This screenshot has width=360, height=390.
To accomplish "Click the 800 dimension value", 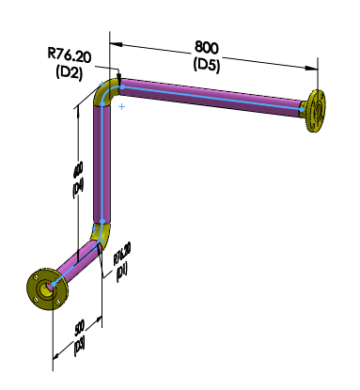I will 208,46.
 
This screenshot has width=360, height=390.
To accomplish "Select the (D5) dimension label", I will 208,64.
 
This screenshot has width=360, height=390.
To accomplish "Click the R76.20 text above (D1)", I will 122,253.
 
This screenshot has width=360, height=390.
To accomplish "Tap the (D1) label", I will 120,272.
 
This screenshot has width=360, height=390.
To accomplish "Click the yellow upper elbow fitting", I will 106,93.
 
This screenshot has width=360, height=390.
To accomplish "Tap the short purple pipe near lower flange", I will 76,262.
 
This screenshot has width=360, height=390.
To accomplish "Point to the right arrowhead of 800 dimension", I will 311,67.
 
